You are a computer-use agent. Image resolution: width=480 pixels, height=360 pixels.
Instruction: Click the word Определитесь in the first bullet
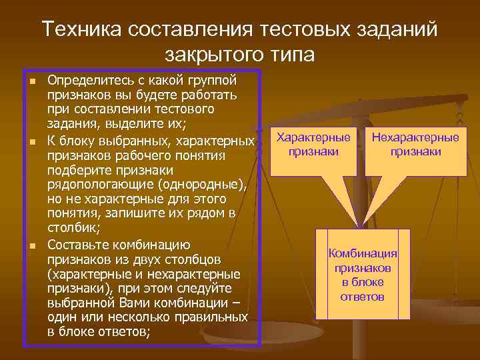pos(85,80)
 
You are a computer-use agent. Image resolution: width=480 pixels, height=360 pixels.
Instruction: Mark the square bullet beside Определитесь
pos(31,81)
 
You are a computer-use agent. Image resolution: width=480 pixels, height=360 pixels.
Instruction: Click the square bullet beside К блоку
pos(31,141)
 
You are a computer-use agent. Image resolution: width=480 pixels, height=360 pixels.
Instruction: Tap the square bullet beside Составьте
pos(31,245)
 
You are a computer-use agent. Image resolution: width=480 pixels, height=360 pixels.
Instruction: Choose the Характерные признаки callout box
pos(313,145)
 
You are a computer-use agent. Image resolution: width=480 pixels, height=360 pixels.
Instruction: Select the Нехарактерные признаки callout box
pos(415,145)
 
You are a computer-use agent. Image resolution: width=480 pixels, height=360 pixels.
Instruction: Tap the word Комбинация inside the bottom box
pos(363,253)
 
